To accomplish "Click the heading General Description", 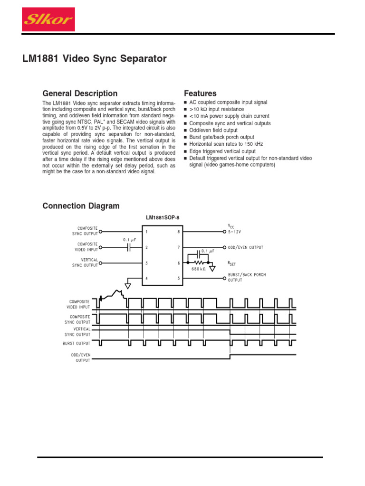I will coord(80,93).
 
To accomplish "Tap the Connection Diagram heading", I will coord(81,206).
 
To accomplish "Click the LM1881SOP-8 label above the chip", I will coord(162,218).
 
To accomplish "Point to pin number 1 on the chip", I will coord(147,232).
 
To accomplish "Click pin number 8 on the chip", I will coord(179,232).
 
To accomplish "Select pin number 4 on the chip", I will coord(147,278).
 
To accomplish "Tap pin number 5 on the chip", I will coord(179,278).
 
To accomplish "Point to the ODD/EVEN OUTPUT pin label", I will coord(245,247).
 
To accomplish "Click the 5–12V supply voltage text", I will coord(235,232).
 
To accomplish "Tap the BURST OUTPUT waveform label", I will coord(76,343).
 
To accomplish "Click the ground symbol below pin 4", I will coord(128,285).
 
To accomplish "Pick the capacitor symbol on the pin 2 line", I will coord(128,248).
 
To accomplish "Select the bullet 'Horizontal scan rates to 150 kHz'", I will coord(226,144).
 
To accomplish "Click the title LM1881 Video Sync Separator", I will coord(95,59).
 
